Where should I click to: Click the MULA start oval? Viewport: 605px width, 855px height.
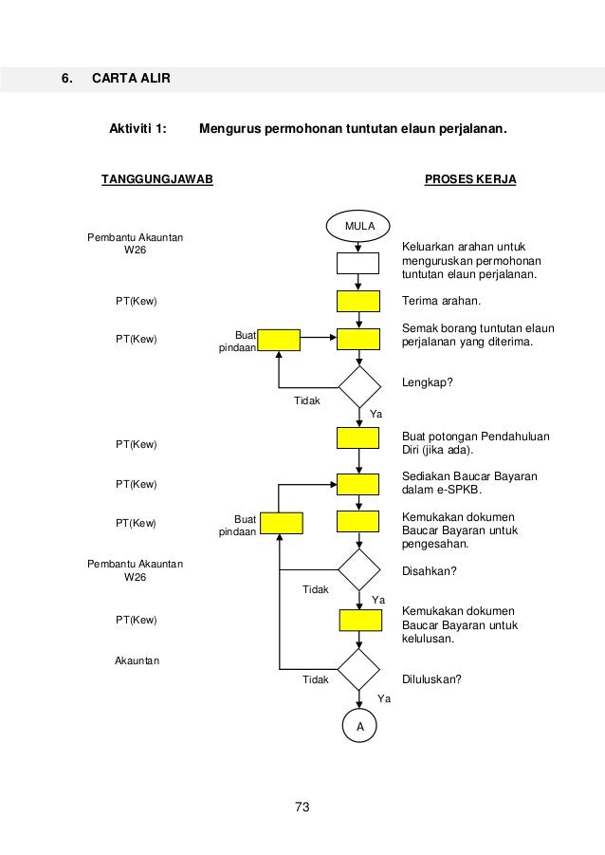(359, 226)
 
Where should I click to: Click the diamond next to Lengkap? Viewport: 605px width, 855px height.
(358, 387)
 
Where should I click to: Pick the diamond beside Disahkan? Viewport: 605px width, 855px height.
(358, 569)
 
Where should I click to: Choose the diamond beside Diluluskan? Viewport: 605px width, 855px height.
(358, 670)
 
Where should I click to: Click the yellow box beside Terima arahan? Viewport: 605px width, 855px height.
(358, 301)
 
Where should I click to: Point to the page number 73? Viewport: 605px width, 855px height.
(302, 808)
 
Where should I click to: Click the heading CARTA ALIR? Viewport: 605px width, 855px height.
(131, 78)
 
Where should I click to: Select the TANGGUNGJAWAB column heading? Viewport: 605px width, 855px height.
(157, 178)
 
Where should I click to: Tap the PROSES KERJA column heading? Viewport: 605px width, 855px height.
(470, 178)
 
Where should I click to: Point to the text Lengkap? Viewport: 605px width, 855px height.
(428, 382)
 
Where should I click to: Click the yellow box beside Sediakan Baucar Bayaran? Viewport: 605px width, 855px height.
(358, 484)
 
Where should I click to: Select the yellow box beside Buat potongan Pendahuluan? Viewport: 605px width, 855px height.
(358, 437)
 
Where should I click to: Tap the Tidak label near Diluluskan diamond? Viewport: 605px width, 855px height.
(315, 679)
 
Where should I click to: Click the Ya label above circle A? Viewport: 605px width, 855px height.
(384, 697)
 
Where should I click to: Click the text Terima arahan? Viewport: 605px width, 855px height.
(442, 302)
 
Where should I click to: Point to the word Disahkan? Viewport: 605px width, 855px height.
(430, 571)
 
